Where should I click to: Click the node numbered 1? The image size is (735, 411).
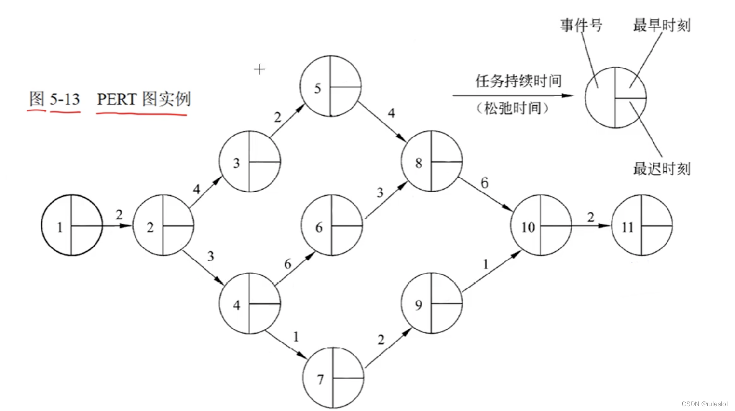click(72, 225)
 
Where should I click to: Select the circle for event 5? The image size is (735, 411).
click(330, 86)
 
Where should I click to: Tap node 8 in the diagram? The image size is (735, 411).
click(431, 161)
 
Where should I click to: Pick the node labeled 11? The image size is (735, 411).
click(642, 225)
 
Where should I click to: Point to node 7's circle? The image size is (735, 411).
click(333, 378)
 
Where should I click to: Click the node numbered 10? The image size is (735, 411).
click(541, 225)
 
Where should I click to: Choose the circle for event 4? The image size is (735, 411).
click(250, 303)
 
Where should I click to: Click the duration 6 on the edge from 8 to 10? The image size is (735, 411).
click(484, 183)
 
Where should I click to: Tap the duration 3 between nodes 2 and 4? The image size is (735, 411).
click(210, 256)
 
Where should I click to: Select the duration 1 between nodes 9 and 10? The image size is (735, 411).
click(485, 264)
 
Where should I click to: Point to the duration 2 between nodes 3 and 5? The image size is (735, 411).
click(277, 117)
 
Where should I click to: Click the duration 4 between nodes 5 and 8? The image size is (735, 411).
click(391, 113)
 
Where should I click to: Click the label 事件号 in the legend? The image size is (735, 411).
click(581, 25)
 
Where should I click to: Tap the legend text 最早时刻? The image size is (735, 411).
click(661, 25)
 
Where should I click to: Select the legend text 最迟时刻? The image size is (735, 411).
click(661, 168)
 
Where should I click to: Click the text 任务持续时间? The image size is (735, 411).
click(518, 81)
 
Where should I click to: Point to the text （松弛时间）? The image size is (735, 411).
click(512, 108)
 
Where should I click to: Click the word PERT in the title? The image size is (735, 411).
click(117, 99)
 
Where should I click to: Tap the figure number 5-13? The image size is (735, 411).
click(65, 99)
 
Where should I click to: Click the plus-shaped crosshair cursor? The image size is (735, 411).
click(259, 69)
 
